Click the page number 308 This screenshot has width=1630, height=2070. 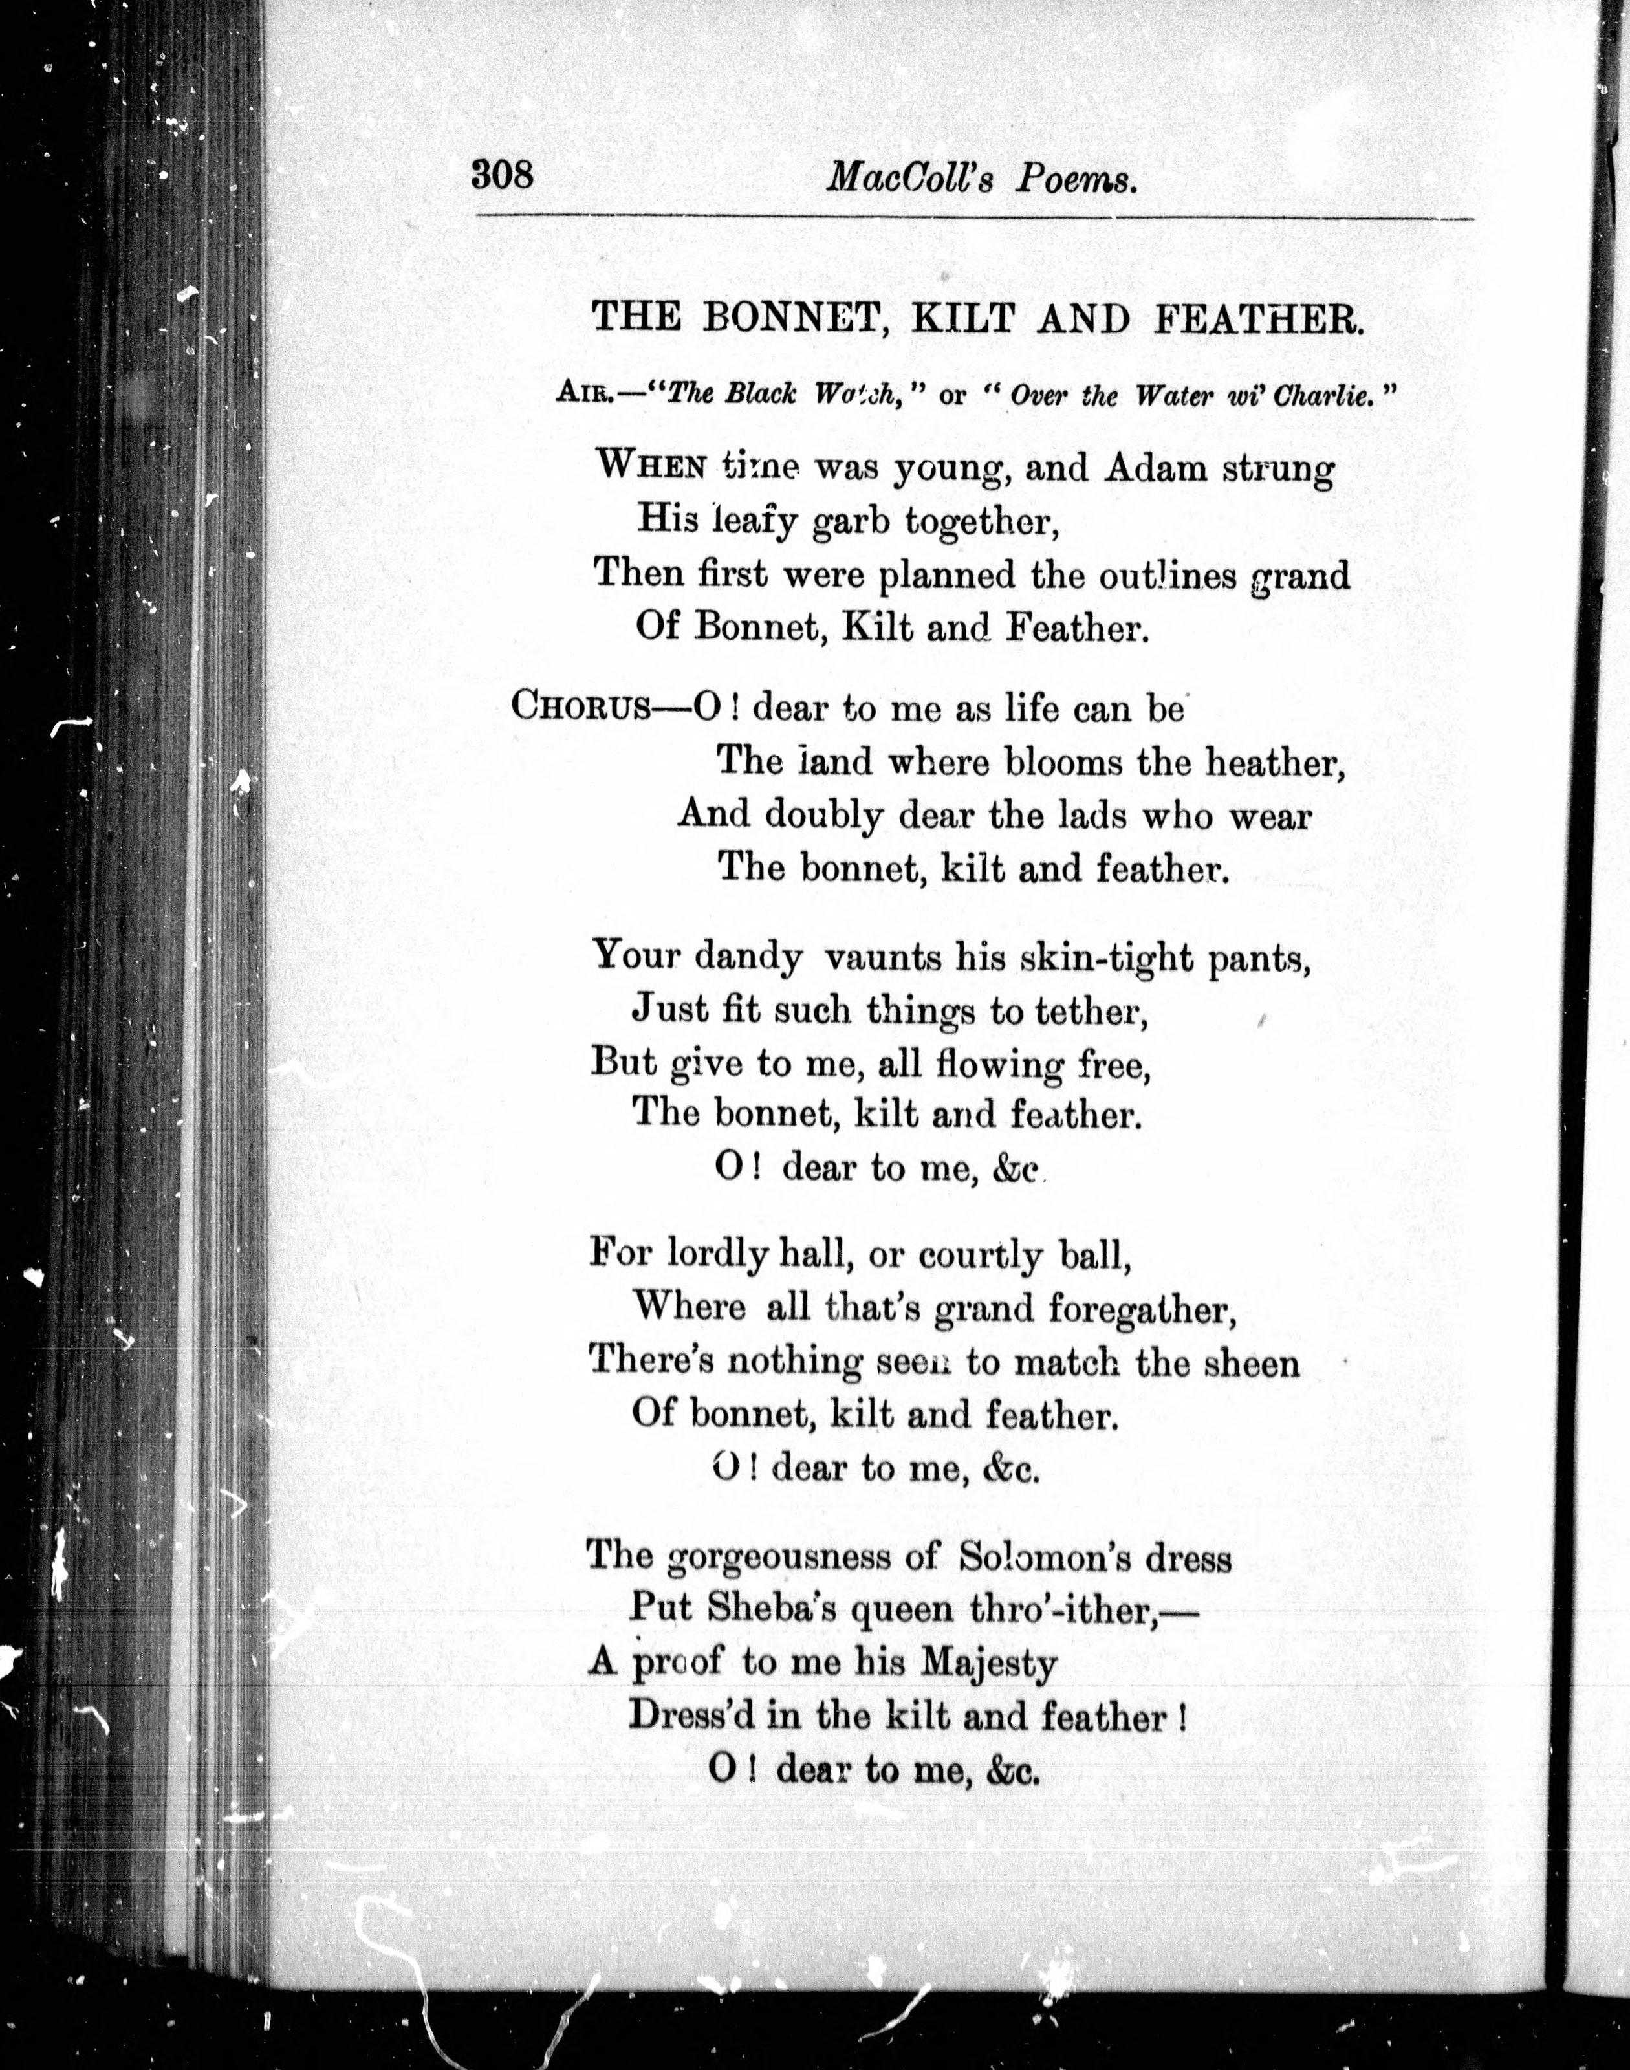click(x=502, y=175)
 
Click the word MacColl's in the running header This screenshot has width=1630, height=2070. click(x=907, y=177)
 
